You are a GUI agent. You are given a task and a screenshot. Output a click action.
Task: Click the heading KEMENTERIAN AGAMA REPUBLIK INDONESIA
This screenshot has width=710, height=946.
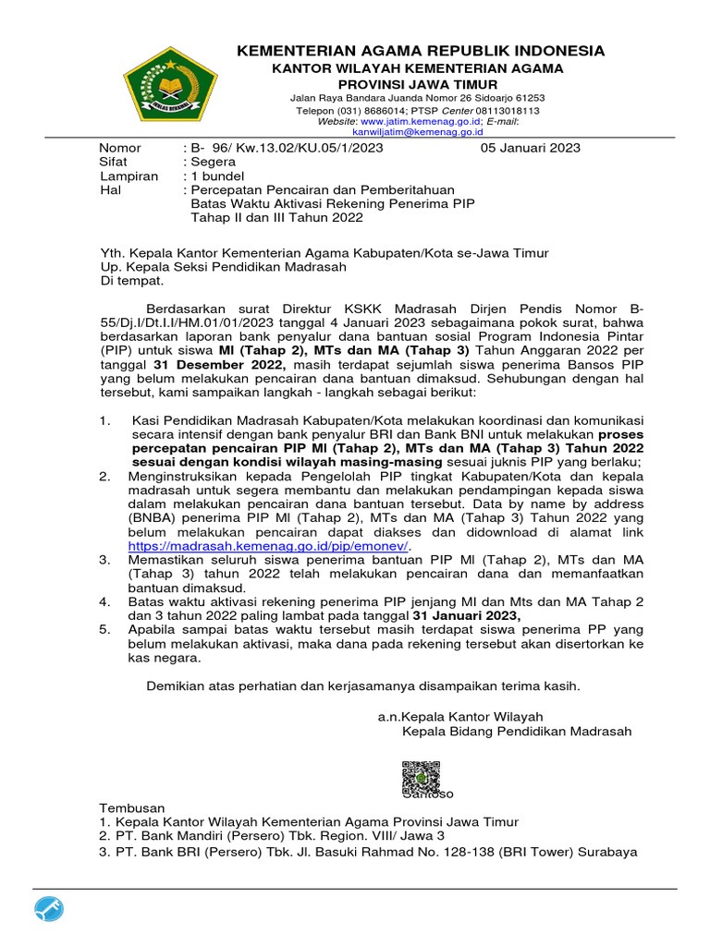[421, 51]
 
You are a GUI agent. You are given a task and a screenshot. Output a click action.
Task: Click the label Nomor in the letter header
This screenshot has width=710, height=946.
[120, 148]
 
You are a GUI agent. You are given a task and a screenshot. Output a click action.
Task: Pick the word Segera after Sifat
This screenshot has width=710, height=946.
[213, 162]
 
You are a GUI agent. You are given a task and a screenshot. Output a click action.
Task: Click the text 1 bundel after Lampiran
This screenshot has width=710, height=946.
[216, 176]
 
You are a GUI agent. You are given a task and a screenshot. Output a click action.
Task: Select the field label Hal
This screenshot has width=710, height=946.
[111, 189]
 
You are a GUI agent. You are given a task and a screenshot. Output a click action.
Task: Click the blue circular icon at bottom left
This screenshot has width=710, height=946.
[50, 910]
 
